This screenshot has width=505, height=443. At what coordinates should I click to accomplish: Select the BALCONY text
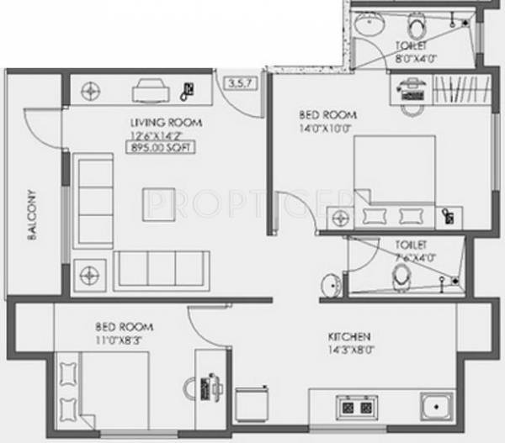32,224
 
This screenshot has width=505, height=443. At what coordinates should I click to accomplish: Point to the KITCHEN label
348,338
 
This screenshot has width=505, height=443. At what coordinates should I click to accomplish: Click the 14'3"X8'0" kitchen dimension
348,352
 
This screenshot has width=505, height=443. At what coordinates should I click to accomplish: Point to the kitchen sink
437,409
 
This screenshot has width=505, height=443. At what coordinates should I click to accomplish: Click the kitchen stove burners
355,409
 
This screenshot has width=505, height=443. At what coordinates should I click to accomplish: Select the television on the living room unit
148,86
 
